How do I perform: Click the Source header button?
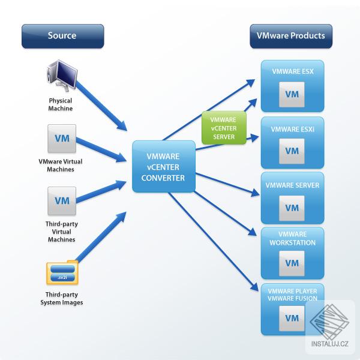(x=62, y=35)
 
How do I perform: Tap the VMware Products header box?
(x=291, y=35)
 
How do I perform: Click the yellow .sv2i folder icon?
(x=62, y=273)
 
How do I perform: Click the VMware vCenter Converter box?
(x=164, y=166)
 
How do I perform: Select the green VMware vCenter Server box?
(x=224, y=127)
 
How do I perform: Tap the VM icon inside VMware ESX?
(x=292, y=94)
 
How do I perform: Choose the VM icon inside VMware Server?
(x=292, y=208)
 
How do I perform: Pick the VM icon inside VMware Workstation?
(x=292, y=263)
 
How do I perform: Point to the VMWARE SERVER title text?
(x=292, y=185)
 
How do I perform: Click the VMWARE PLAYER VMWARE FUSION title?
(x=292, y=295)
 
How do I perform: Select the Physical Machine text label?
(x=61, y=104)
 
